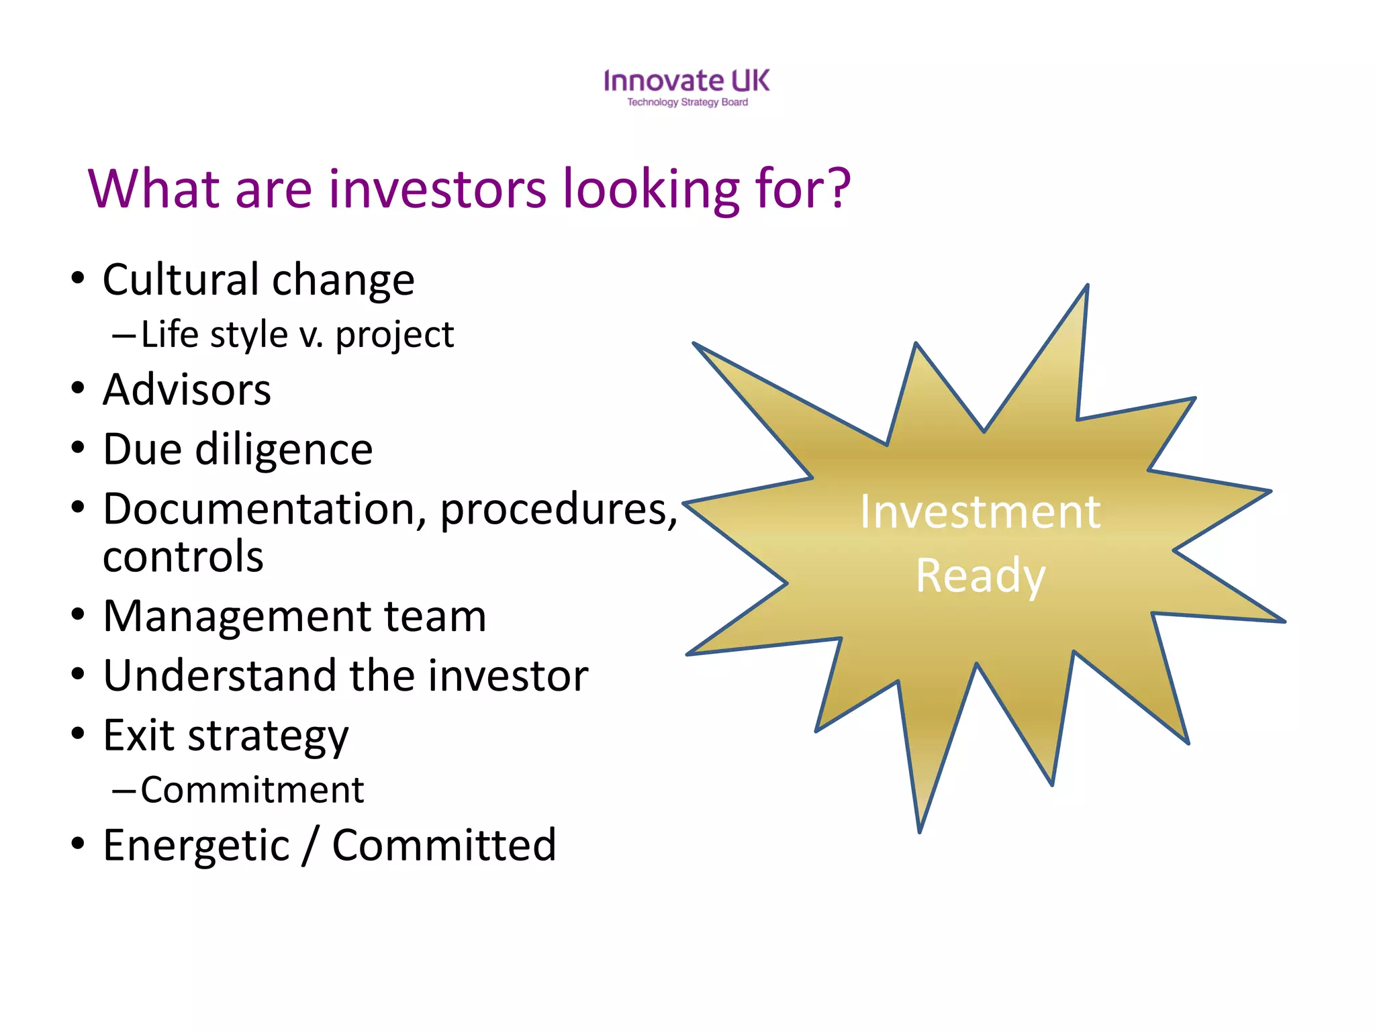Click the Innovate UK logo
click(x=686, y=81)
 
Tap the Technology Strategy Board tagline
click(x=687, y=103)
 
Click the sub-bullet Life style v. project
click(x=297, y=335)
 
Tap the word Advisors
click(x=187, y=390)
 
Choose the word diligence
click(x=283, y=449)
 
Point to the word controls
click(x=183, y=556)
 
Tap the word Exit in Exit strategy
click(x=138, y=734)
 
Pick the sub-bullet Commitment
click(x=252, y=790)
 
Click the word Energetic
click(x=196, y=845)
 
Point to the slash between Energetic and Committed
click(x=310, y=846)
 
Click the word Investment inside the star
click(x=980, y=512)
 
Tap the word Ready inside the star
click(x=980, y=576)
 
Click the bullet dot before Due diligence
click(x=78, y=448)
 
